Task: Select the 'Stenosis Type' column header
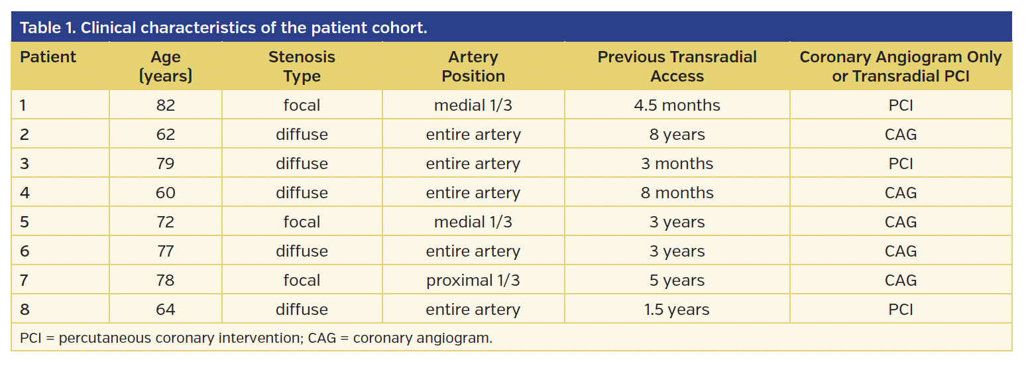(x=302, y=66)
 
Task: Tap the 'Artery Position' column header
(x=473, y=66)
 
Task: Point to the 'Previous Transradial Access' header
(x=677, y=66)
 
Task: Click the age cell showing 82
(x=166, y=105)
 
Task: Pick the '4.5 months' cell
(x=677, y=105)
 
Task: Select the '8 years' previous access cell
(x=677, y=135)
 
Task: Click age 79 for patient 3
(x=166, y=164)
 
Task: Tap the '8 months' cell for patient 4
(x=677, y=193)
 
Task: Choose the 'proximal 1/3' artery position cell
(x=473, y=280)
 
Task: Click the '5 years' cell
(x=677, y=280)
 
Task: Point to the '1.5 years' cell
(x=677, y=310)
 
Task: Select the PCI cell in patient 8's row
(x=901, y=310)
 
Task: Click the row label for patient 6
(x=25, y=251)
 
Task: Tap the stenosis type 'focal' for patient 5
(x=302, y=222)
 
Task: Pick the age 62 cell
(x=166, y=135)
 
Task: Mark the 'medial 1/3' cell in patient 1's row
(x=473, y=105)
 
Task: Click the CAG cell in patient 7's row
(x=901, y=280)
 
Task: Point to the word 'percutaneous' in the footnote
(x=104, y=338)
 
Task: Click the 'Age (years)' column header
(x=166, y=66)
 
